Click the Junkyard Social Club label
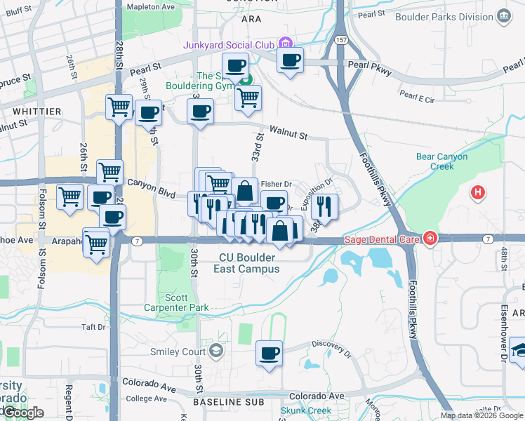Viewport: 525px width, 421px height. pos(229,44)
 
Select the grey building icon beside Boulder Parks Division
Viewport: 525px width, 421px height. pos(503,15)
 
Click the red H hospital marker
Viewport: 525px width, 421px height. pos(479,192)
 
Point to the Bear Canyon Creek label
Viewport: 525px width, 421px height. pos(441,161)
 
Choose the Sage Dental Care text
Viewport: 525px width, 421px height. pos(380,239)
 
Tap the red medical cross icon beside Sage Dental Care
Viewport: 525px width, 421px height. pos(428,239)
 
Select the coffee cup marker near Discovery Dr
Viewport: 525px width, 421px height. pos(269,353)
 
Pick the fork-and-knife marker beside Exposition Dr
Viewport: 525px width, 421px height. pos(324,205)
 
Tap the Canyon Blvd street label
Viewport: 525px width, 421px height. pos(150,183)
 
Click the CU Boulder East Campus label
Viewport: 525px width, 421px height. pos(249,263)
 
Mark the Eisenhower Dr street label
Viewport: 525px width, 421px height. pos(504,330)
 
